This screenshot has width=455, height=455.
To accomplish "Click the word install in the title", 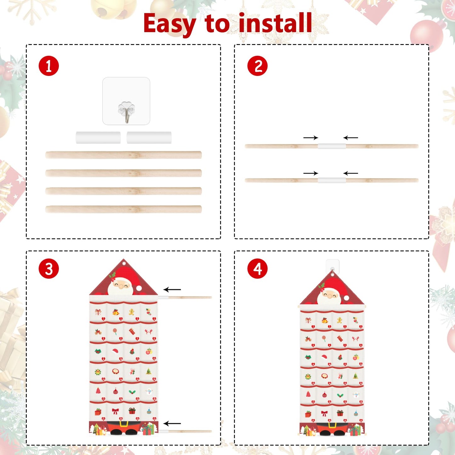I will (275, 23).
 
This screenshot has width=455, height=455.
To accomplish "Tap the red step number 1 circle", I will (49, 66).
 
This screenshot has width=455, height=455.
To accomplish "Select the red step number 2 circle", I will (257, 66).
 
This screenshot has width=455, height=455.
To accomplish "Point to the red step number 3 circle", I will (49, 269).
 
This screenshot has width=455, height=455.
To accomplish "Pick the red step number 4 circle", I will (257, 269).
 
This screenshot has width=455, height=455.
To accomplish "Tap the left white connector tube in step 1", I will (98, 138).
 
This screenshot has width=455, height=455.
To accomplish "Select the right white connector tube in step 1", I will (149, 138).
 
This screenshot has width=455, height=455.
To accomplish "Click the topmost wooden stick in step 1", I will (123, 155).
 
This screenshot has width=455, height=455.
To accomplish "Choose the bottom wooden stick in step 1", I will (123, 209).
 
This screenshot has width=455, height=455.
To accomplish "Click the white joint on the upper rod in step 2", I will (332, 146).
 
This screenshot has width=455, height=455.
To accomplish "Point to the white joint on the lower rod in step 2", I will (332, 180).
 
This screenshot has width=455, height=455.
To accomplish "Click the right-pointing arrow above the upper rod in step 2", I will (311, 138).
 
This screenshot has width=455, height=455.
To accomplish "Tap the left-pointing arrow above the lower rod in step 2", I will (350, 173).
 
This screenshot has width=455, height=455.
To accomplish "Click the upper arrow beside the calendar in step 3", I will (172, 289).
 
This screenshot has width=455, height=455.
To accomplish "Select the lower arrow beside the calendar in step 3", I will (172, 424).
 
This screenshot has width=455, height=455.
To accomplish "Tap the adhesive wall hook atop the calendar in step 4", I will (332, 265).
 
